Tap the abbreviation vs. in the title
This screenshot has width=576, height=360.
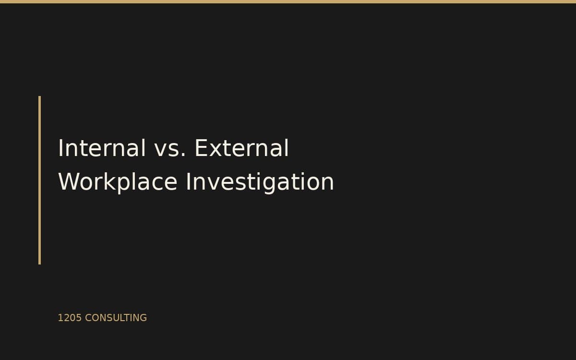coord(170,148)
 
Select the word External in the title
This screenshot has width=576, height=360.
coord(241,148)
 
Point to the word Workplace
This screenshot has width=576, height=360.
coord(118,182)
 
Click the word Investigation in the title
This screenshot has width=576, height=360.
coord(260,182)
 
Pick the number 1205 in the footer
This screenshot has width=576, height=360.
coord(70,318)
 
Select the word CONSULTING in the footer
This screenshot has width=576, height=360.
coord(116,318)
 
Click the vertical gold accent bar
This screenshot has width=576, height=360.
coord(39,180)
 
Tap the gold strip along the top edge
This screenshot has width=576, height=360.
coord(288,1)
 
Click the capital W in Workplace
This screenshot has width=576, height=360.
coord(68,182)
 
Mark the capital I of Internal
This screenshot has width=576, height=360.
coord(60,148)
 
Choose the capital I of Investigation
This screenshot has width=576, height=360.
coord(188,182)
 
